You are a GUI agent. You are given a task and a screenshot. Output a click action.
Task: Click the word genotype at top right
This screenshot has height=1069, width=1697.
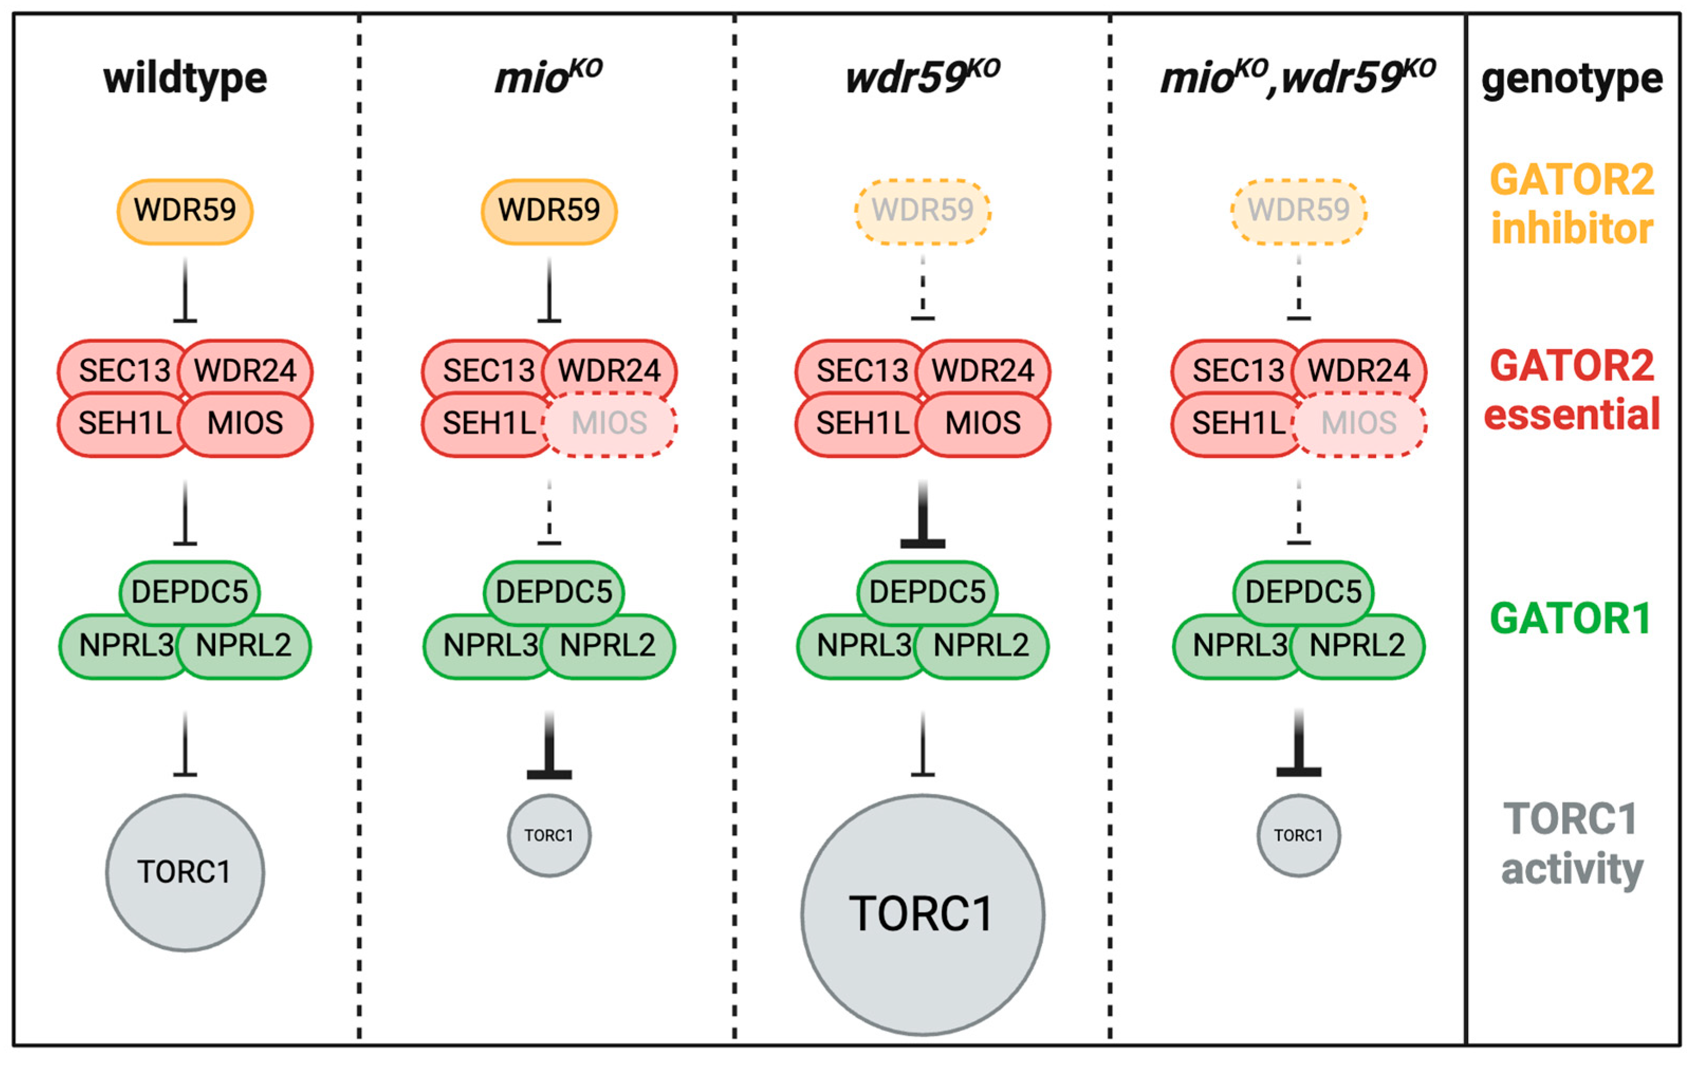(x=1572, y=79)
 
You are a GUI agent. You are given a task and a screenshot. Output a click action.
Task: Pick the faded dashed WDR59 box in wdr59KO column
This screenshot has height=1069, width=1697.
(x=923, y=211)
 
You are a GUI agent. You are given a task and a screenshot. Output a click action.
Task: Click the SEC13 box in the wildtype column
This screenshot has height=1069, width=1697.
(x=124, y=370)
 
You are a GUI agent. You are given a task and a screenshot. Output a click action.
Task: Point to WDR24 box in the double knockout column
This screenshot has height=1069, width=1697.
(x=1359, y=370)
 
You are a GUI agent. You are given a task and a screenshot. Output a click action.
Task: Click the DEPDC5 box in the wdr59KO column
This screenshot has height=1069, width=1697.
(x=927, y=592)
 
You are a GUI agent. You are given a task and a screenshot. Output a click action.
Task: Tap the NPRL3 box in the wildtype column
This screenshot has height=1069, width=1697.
(x=125, y=645)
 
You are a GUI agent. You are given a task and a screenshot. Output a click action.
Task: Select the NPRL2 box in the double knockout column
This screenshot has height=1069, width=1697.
(x=1357, y=645)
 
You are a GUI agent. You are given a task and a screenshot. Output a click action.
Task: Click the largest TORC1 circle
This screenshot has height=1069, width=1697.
(x=923, y=914)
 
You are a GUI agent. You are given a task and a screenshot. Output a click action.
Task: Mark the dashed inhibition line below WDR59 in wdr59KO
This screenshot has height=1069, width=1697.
(x=923, y=289)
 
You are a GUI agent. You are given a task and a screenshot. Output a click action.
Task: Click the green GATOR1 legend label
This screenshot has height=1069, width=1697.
(x=1570, y=618)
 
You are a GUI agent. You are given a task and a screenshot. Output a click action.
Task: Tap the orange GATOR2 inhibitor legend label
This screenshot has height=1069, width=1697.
(x=1572, y=204)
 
